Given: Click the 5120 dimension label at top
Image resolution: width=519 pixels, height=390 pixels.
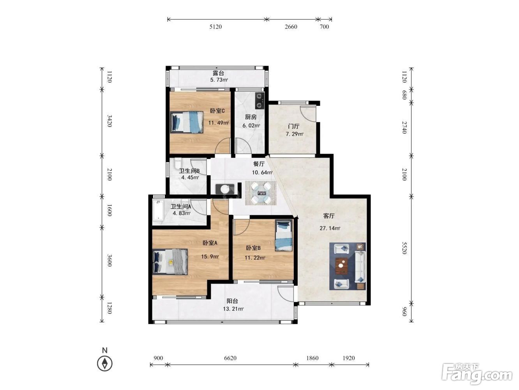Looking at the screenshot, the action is (x=215, y=27).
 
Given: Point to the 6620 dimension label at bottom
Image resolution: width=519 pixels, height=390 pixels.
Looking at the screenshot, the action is (x=230, y=358).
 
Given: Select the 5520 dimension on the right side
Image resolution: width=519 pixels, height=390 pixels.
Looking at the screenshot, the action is (x=405, y=248).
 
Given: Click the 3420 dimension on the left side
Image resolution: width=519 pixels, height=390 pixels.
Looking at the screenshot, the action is (x=109, y=121).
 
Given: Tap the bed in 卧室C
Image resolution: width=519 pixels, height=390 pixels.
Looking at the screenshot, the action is (x=187, y=122).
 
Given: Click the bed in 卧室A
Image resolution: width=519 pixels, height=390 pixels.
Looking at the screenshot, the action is (x=170, y=262).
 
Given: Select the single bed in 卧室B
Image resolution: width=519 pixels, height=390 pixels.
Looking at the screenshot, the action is (x=283, y=236).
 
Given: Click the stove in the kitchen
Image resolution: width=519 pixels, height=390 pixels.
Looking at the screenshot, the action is (x=260, y=100).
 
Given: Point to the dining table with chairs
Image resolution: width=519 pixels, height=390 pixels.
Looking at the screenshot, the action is (x=261, y=193).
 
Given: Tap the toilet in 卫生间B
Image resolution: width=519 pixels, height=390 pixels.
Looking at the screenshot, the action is (x=178, y=163).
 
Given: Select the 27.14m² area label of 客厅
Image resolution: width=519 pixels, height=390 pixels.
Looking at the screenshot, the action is (x=330, y=228).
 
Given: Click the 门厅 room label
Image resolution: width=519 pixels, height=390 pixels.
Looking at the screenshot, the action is (x=293, y=126).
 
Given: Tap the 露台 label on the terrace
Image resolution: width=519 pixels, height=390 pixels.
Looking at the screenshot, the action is (x=218, y=73).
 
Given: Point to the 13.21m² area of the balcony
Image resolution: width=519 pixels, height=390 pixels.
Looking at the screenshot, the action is (x=233, y=309).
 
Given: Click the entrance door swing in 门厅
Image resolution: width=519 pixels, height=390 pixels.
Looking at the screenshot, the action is (x=308, y=114).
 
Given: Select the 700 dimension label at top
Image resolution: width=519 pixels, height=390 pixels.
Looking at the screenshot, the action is (x=325, y=27).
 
